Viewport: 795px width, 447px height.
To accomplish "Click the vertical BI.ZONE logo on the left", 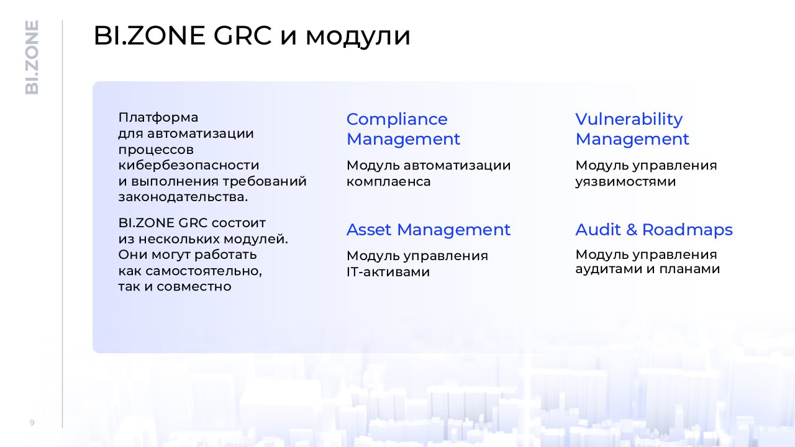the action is (x=32, y=58).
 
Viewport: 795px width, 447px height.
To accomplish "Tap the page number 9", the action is (x=32, y=423).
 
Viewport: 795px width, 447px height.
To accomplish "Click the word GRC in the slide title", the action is (x=242, y=35).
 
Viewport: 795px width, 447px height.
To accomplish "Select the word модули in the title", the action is (x=358, y=38).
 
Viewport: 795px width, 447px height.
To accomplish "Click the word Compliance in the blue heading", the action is (x=397, y=119).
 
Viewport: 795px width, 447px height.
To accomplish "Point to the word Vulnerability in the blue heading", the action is (x=629, y=120).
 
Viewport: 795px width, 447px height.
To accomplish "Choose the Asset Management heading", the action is (x=429, y=230).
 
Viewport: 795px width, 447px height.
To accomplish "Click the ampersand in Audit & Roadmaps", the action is (x=632, y=230).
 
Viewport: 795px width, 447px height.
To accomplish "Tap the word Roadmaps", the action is (x=687, y=230).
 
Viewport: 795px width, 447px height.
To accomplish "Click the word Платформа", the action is (x=158, y=117).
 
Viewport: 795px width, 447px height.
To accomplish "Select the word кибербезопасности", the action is (x=188, y=165).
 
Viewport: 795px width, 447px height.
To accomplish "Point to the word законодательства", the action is (x=183, y=197).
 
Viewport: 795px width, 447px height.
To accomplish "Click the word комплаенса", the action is (x=388, y=182).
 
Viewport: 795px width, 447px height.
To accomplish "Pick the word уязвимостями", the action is (x=625, y=182).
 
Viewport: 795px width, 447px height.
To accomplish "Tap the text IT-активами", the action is (x=388, y=272).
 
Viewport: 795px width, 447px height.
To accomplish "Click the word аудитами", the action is (x=609, y=269).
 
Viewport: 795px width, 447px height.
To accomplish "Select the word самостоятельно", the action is (x=203, y=271).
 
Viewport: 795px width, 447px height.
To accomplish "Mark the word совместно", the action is (x=194, y=287).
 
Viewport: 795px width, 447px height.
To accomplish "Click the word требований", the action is (x=265, y=182).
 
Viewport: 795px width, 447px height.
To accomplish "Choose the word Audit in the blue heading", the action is (x=598, y=230).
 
